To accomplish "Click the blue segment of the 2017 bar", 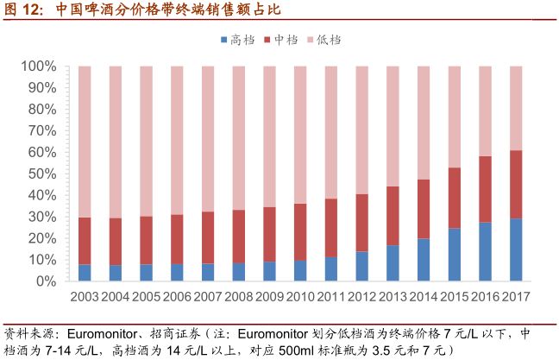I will pos(516,249).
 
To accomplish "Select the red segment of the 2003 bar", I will pos(85,241).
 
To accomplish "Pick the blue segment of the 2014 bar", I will pos(424,260).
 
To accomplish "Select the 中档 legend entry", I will pos(284,40).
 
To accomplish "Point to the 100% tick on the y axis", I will pos(38,66).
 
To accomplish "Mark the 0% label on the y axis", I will pos(45,281).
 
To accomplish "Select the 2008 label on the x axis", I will pos(238,298).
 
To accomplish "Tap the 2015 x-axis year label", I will pos(455,298).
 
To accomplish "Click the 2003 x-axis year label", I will pos(85,298).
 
